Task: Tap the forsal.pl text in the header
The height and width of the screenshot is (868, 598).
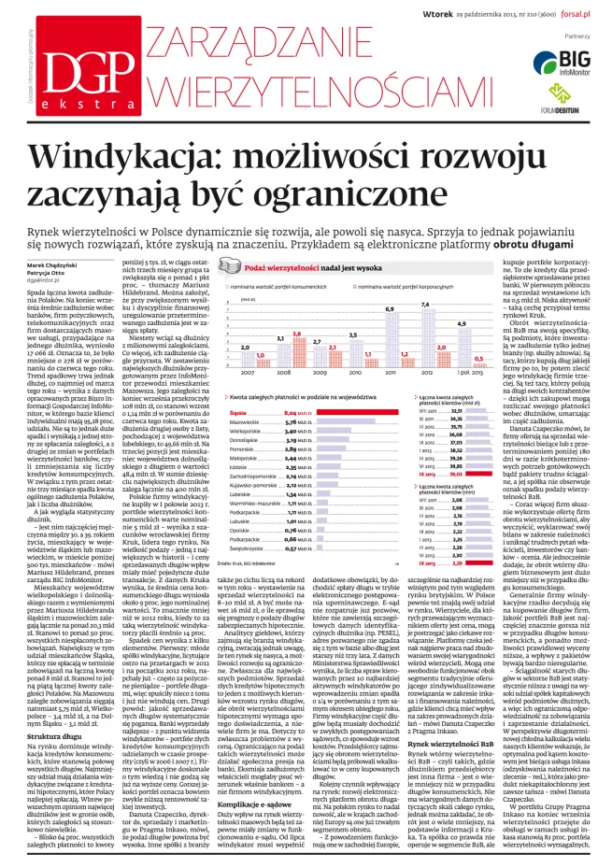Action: tap(569, 13)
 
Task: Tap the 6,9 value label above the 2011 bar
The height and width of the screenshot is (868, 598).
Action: tap(390, 306)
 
